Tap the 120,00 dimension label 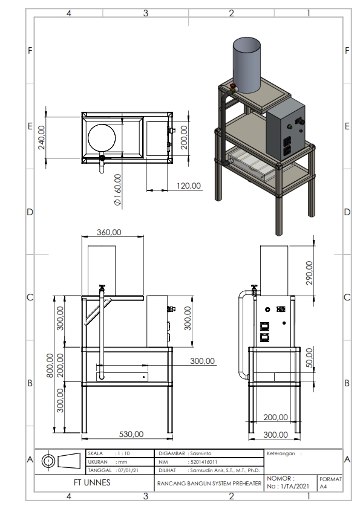[x=188, y=186]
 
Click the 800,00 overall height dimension [x=51, y=366]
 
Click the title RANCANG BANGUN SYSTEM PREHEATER [x=209, y=484]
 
